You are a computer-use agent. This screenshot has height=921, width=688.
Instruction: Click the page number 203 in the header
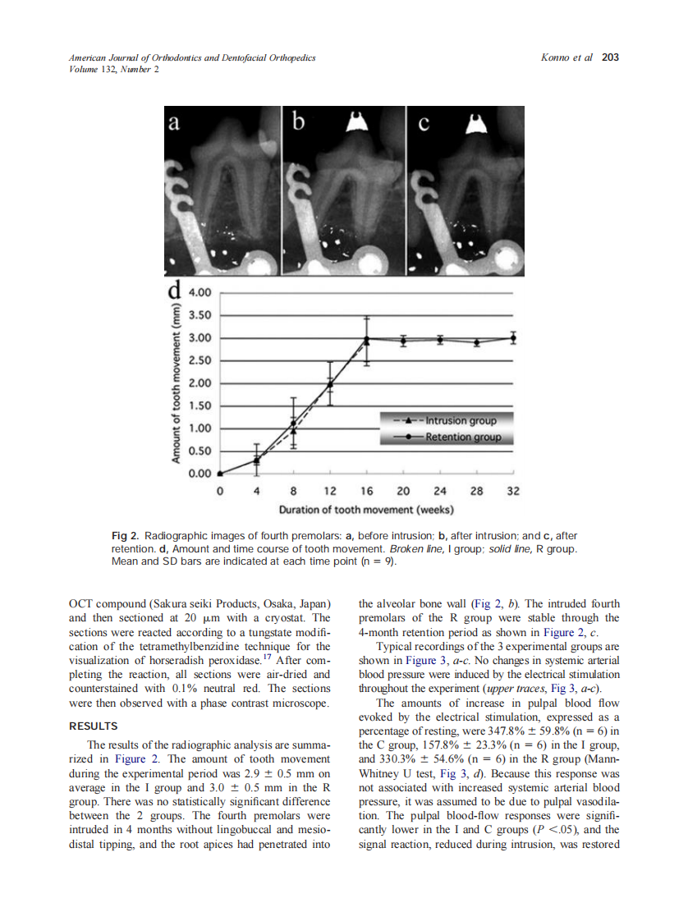pyautogui.click(x=610, y=57)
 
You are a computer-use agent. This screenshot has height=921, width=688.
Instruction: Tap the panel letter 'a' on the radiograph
pyautogui.click(x=173, y=123)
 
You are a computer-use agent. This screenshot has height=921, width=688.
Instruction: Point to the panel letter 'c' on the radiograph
pyautogui.click(x=424, y=124)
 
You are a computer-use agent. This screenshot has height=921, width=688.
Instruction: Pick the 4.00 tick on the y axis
pyautogui.click(x=200, y=292)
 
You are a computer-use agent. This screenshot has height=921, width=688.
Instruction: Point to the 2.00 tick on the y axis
pyautogui.click(x=200, y=383)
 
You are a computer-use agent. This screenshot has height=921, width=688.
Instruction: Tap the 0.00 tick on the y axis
pyautogui.click(x=200, y=474)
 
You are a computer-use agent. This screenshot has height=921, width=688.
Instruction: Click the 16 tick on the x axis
pyautogui.click(x=366, y=491)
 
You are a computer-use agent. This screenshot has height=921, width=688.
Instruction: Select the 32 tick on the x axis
pyautogui.click(x=513, y=491)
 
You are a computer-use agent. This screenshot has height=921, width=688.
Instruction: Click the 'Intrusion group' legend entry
pyautogui.click(x=461, y=421)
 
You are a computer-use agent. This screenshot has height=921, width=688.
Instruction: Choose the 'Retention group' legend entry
pyautogui.click(x=462, y=438)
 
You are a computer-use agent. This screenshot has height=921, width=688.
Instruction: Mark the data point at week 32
pyautogui.click(x=513, y=337)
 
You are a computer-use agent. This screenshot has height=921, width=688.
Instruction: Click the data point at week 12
pyautogui.click(x=330, y=384)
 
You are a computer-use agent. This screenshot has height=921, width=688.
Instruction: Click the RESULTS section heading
pyautogui.click(x=94, y=726)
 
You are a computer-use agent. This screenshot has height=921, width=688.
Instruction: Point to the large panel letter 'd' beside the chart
pyautogui.click(x=174, y=291)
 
